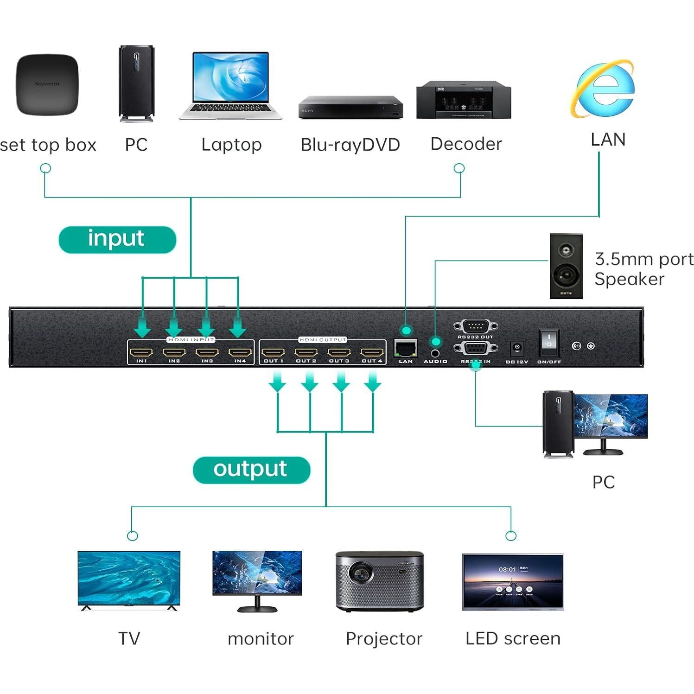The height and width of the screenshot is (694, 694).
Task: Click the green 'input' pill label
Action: (x=117, y=239)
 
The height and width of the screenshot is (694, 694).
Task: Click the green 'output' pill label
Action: (x=251, y=470)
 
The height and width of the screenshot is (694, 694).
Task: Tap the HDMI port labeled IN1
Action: (x=141, y=352)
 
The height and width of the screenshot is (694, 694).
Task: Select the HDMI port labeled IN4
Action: (x=240, y=352)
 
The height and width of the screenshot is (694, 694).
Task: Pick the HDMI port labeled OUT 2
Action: (x=306, y=352)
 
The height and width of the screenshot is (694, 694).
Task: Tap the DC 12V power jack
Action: (x=517, y=348)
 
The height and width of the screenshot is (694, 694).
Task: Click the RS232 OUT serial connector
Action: (x=475, y=326)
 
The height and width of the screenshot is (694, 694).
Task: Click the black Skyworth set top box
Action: (x=47, y=84)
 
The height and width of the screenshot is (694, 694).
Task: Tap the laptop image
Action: (x=230, y=86)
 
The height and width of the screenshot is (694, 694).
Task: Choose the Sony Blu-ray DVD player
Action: (x=350, y=108)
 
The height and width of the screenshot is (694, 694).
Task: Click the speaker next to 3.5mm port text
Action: (x=566, y=266)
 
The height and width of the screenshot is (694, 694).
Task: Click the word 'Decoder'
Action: (x=466, y=144)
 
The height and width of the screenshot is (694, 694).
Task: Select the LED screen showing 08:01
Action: (x=513, y=582)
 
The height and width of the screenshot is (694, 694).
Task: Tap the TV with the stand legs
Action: (x=129, y=579)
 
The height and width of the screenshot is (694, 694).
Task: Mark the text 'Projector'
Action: (x=384, y=639)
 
